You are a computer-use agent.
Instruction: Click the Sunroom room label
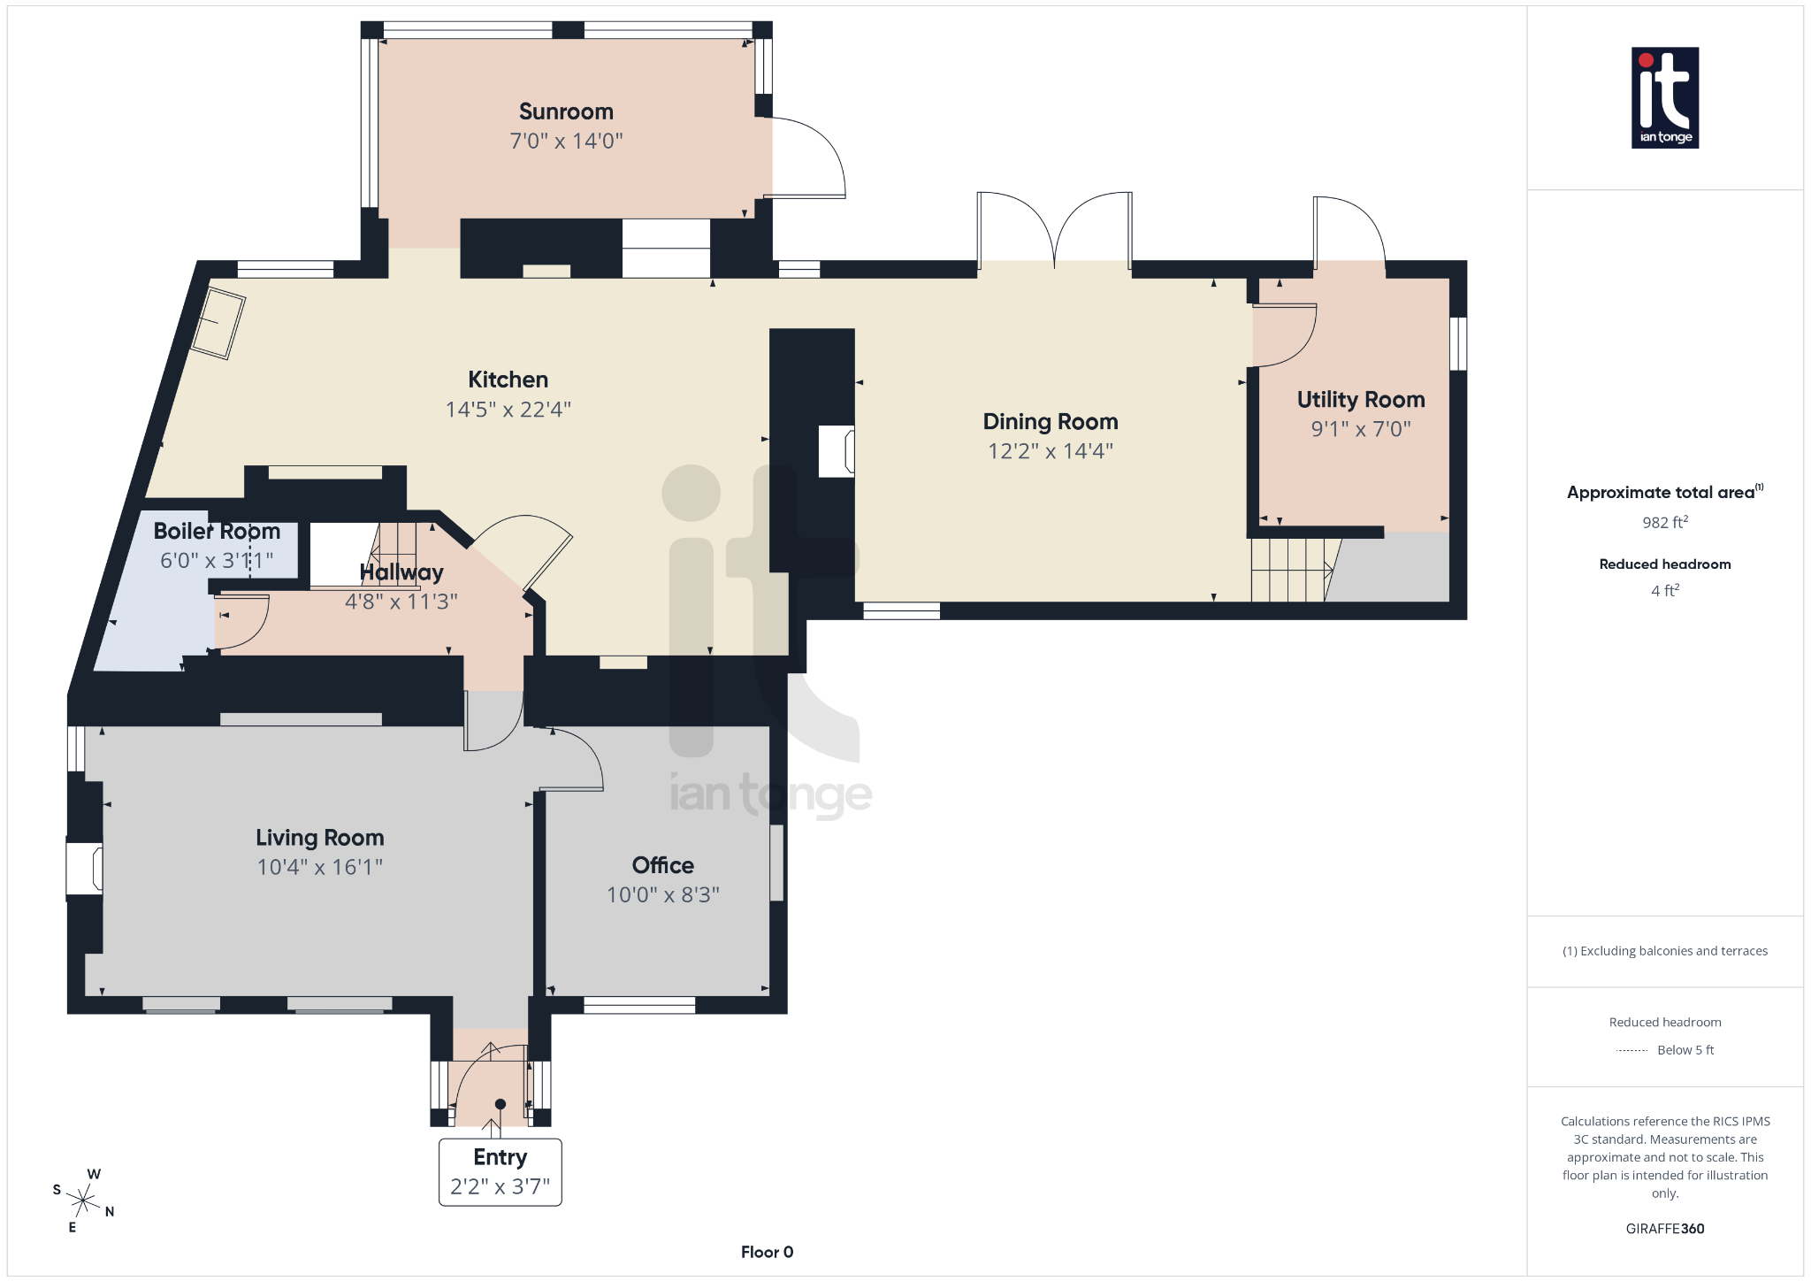566,111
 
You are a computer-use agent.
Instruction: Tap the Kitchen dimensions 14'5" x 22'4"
508,410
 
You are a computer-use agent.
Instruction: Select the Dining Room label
1051,421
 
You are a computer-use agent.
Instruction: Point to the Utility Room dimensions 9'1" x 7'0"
1360,429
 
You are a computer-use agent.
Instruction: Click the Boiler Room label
217,531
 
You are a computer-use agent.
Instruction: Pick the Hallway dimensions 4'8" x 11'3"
401,602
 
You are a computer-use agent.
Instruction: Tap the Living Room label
319,837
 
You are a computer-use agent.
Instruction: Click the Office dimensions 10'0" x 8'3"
662,894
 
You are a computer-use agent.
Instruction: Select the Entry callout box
500,1171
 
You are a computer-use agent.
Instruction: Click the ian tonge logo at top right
1664,97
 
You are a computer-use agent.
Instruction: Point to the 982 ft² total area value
1664,523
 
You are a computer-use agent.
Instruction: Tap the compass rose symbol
83,1200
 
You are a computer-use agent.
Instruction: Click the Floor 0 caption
767,1252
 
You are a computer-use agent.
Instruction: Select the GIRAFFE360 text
1664,1228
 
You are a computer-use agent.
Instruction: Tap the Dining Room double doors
1054,228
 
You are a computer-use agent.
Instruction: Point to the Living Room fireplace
85,868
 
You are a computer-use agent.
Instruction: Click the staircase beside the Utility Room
1289,570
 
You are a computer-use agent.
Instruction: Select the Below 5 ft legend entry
1685,1050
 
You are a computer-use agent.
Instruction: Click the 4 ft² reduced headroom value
1664,590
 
